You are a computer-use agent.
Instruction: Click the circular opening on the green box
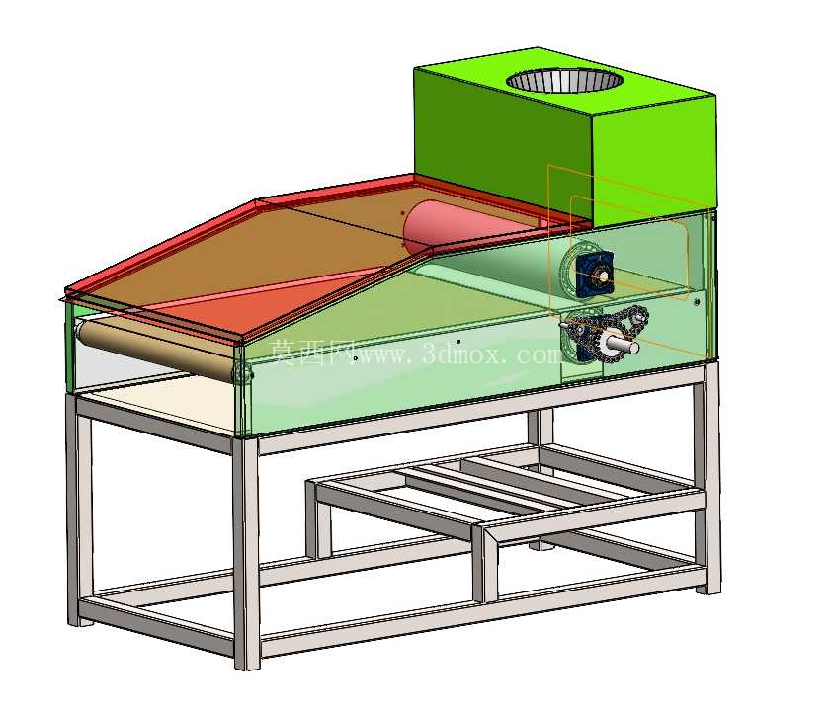point(564,80)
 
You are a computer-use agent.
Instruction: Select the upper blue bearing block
point(594,275)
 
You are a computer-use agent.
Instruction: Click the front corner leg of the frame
point(247,552)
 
